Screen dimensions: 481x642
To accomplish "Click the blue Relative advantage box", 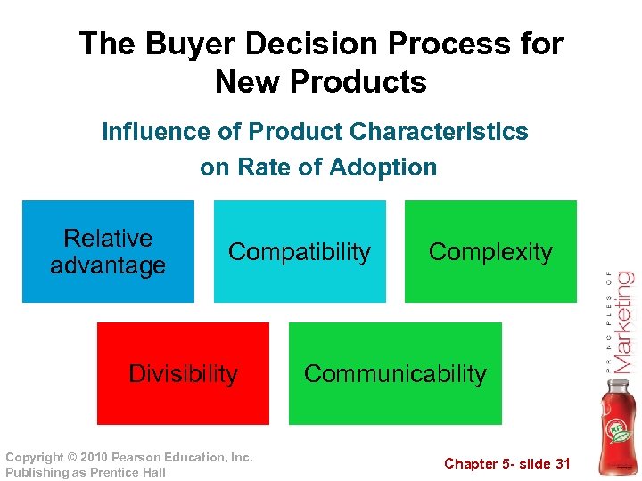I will click(x=108, y=251).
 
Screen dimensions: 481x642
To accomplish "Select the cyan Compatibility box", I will click(x=300, y=251).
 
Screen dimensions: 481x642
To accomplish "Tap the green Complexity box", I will click(x=490, y=251).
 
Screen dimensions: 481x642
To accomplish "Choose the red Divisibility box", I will click(x=183, y=373).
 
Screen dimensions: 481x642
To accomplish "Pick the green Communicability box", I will click(x=395, y=373).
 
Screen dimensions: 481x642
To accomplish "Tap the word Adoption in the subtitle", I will click(x=383, y=167).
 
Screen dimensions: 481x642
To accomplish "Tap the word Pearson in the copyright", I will click(x=142, y=457).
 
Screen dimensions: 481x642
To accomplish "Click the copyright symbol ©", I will click(x=71, y=457).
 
